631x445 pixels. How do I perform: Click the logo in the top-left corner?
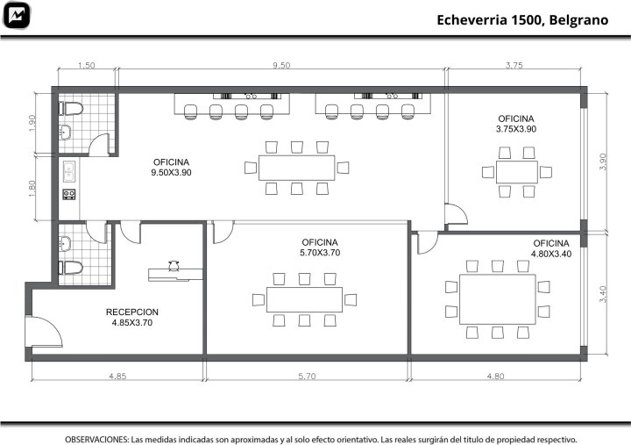tap(17, 15)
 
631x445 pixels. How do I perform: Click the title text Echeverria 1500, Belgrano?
tap(522, 20)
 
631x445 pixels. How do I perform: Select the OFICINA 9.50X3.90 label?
tap(171, 168)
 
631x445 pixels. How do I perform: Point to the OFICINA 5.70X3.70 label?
tap(320, 248)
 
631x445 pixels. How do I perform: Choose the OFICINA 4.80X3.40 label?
tap(551, 248)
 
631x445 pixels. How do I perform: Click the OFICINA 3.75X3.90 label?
tap(516, 124)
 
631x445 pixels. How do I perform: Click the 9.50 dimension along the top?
tap(281, 65)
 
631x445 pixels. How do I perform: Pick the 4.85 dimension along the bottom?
tap(117, 376)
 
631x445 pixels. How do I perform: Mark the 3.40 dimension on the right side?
tap(602, 294)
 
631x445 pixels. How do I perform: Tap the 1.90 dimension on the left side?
tap(32, 123)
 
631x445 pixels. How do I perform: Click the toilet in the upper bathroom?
tap(71, 109)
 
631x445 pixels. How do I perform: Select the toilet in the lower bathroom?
tap(71, 267)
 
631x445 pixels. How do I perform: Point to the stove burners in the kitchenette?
tap(69, 195)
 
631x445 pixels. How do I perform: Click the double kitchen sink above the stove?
tap(69, 171)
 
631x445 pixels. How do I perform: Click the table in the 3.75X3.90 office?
tap(517, 172)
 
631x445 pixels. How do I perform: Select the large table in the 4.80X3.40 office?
tap(498, 299)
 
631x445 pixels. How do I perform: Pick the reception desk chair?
tap(174, 266)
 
